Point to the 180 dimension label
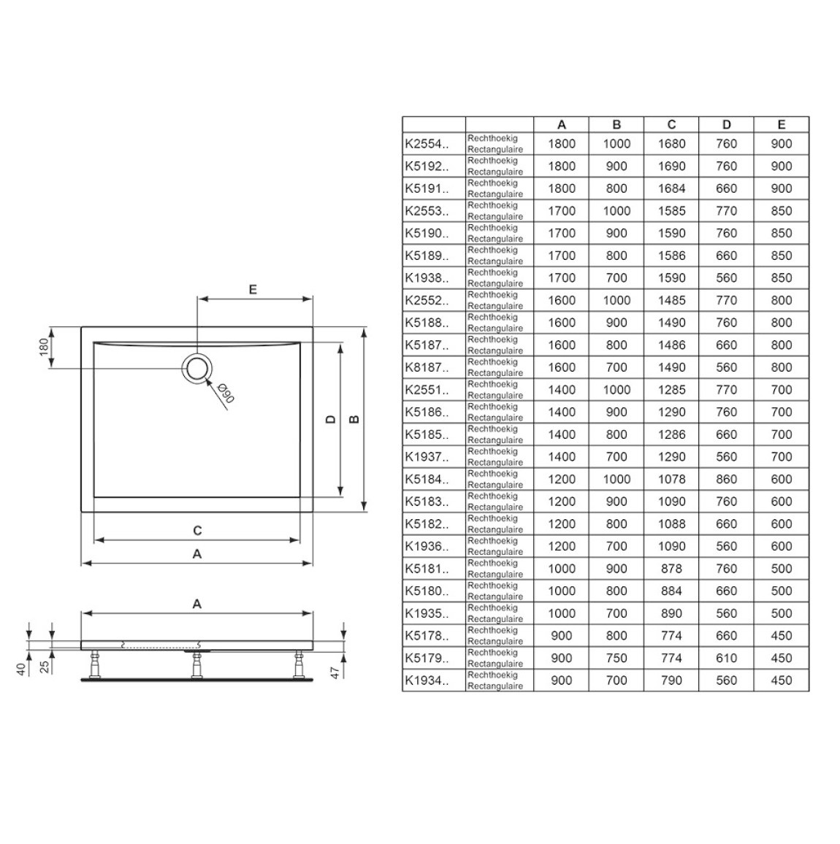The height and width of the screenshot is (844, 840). (x=44, y=347)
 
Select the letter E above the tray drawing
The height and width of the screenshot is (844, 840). (x=253, y=290)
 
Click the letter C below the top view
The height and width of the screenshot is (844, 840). (x=197, y=531)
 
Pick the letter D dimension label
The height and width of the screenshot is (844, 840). (x=331, y=419)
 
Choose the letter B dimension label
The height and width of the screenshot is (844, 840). (x=354, y=419)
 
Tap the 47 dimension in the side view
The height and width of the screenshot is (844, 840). (x=335, y=672)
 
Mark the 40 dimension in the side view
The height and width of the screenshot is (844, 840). (x=21, y=669)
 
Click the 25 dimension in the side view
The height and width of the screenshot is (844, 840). (x=45, y=667)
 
